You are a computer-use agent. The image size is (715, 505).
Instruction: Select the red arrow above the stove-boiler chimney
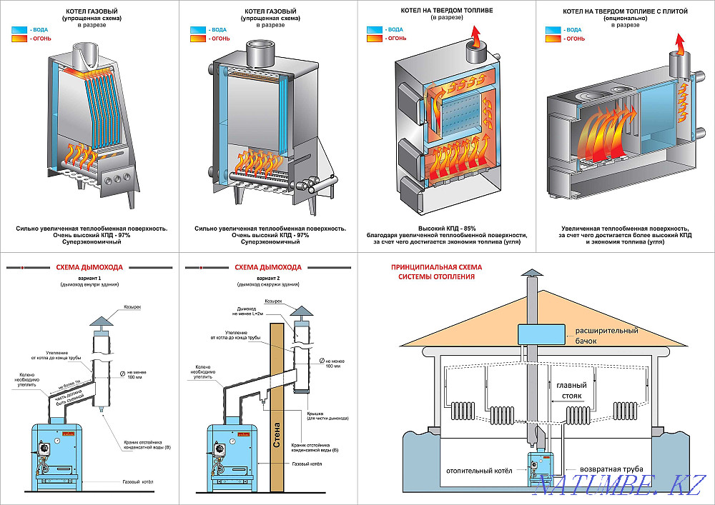click(x=681, y=46)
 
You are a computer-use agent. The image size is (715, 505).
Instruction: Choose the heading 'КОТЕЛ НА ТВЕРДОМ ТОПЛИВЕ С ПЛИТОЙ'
click(x=625, y=12)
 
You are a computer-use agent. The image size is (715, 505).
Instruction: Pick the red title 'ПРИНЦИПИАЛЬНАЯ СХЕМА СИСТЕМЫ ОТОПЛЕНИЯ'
click(x=436, y=271)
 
